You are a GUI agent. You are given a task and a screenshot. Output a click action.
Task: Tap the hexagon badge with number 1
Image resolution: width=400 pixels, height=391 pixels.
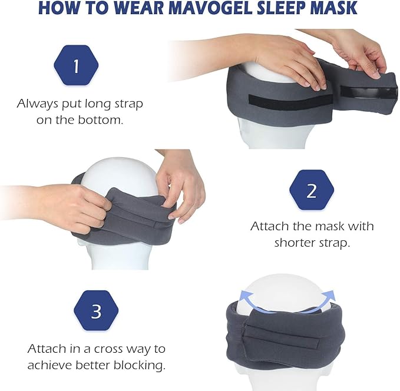[76, 66]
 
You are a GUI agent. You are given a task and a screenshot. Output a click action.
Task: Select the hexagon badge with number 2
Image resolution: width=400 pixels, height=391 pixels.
[312, 190]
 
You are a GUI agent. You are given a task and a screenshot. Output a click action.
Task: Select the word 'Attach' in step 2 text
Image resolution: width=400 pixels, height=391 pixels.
[270, 226]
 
